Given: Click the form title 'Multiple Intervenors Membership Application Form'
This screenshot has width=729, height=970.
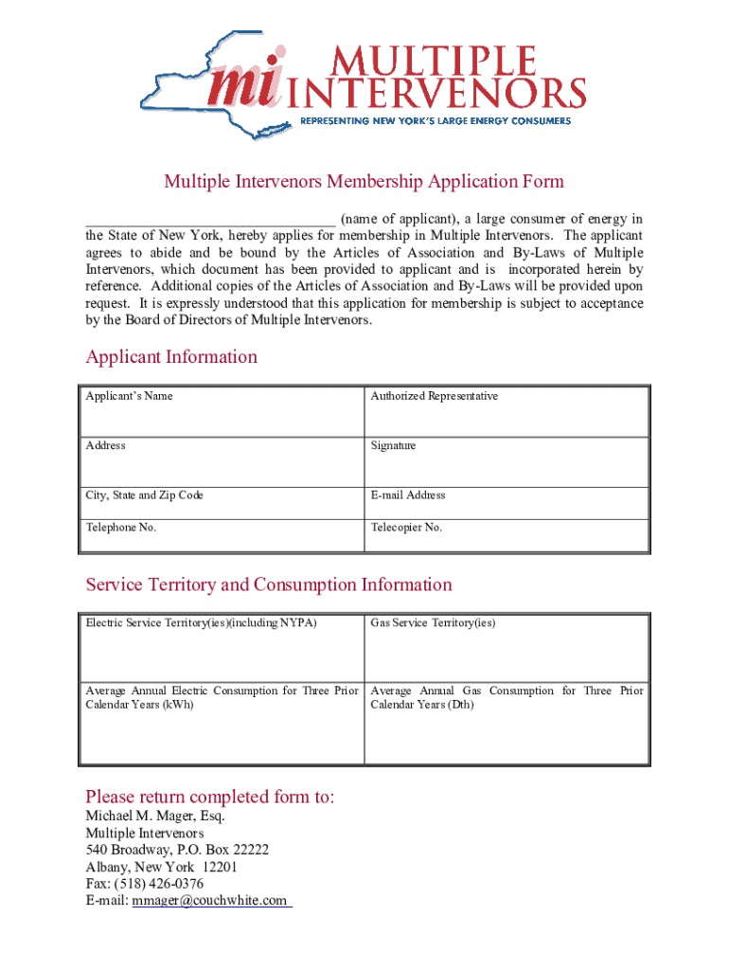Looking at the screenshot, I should (x=364, y=182).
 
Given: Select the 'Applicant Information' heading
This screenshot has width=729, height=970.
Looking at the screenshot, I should (x=171, y=357).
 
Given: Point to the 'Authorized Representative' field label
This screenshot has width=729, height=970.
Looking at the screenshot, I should (x=434, y=396).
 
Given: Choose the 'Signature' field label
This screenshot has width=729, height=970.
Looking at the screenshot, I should (x=393, y=445).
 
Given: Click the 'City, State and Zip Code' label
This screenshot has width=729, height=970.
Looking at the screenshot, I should (x=144, y=495).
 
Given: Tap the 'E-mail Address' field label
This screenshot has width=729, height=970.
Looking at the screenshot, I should (x=408, y=495).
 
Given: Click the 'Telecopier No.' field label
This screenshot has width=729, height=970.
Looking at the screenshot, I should (x=406, y=528).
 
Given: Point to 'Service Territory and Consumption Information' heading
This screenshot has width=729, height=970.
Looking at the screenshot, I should (x=269, y=584).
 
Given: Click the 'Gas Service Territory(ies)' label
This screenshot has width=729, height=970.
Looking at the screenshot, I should (x=433, y=623).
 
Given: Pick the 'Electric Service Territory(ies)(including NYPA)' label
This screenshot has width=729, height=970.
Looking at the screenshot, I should (x=201, y=623).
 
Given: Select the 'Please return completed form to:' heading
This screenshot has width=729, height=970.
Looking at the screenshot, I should (x=210, y=797).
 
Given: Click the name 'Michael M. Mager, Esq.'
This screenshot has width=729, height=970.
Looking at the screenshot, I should (x=155, y=817).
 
